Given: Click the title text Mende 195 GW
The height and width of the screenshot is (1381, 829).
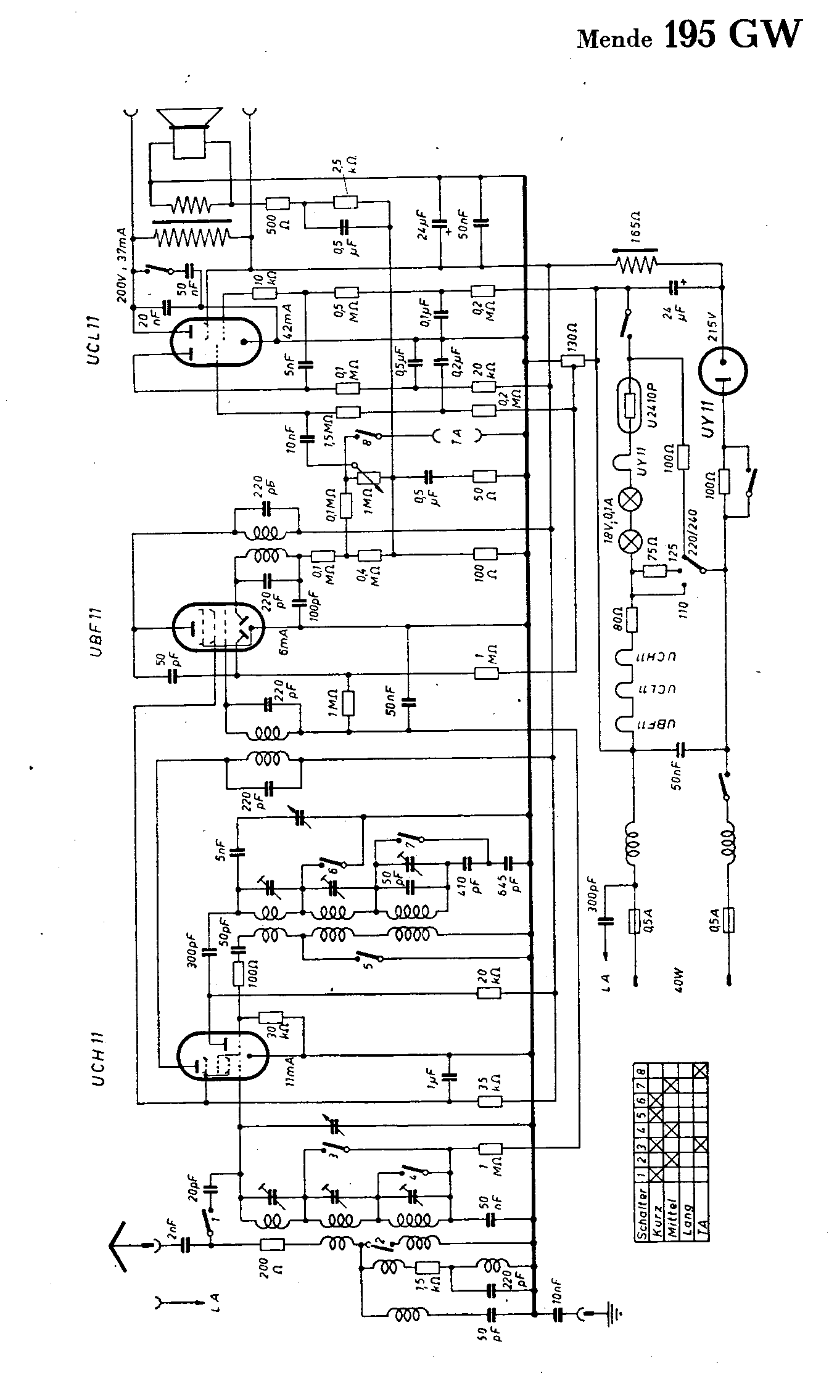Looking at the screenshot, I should pos(690,36).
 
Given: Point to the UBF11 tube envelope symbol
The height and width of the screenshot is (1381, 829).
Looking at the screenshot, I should pos(217,627).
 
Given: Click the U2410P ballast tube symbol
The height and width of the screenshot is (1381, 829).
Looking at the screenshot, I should pos(630,407).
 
